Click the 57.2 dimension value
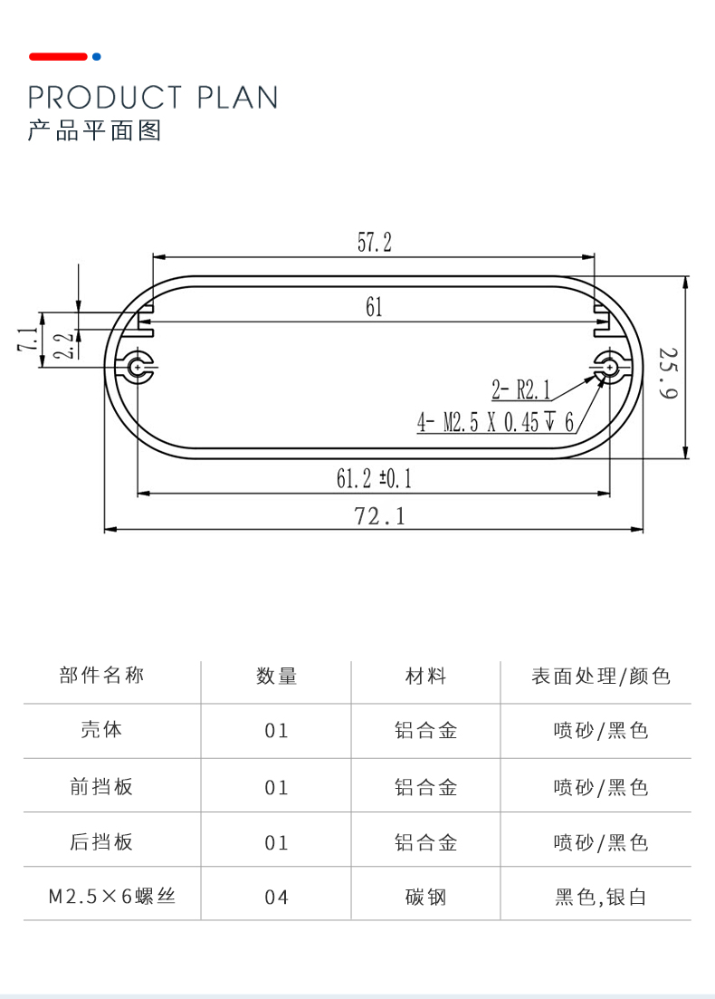[374, 243]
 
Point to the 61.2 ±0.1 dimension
[374, 479]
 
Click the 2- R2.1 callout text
[521, 391]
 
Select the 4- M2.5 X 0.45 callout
[495, 422]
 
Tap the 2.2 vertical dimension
[62, 346]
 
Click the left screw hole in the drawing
[138, 367]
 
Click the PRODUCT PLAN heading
[153, 97]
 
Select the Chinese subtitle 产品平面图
[94, 130]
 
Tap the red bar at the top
[58, 56]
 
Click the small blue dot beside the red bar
[97, 56]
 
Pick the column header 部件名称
[101, 676]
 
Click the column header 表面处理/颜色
[600, 676]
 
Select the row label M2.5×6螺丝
[111, 897]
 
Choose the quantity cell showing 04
[276, 898]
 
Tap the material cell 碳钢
[425, 898]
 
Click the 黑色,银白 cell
[600, 898]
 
